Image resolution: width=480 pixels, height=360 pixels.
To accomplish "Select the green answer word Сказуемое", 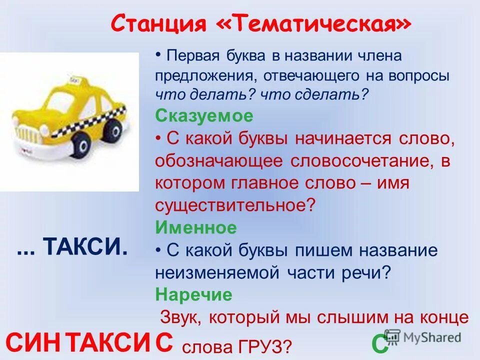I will pos(204,116).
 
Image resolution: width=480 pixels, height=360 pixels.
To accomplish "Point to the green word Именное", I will pos(196,228).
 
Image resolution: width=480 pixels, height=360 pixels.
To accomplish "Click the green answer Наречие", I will pos(193,295).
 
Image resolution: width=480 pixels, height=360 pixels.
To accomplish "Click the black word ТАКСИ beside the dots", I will pos(85,246).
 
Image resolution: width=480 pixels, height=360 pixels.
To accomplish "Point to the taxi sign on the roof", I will pos(75,81).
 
